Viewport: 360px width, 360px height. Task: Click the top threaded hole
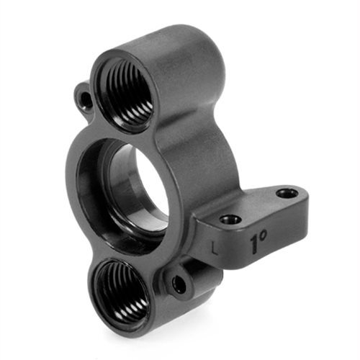(x=127, y=92)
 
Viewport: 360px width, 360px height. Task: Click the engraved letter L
(x=215, y=248)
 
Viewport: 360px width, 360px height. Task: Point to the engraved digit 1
(x=254, y=245)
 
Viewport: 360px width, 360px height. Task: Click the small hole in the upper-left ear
(x=85, y=98)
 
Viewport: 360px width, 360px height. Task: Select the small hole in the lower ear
(x=179, y=284)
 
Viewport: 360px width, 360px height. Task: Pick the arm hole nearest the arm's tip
(x=287, y=192)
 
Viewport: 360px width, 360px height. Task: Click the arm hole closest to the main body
(x=230, y=219)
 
